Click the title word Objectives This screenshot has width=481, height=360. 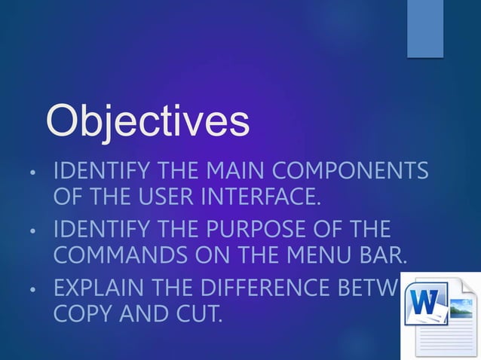click(x=148, y=122)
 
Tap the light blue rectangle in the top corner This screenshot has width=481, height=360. click(x=425, y=27)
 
